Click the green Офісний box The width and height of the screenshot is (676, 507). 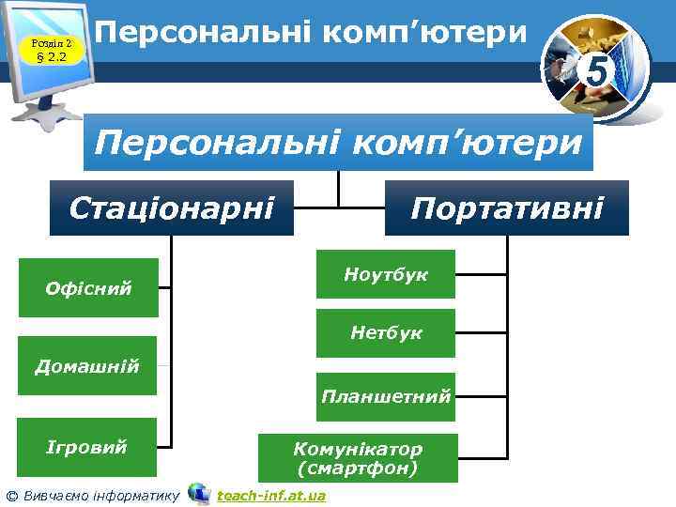[x=88, y=287]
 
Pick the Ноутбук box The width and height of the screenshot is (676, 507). [x=385, y=274]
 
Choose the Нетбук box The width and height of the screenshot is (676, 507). [x=385, y=332]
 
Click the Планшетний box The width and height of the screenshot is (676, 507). [x=385, y=395]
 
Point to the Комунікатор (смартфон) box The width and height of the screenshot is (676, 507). [x=358, y=457]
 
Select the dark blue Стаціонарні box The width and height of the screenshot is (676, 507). [x=172, y=207]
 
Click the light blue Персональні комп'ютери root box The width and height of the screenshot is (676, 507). [x=338, y=144]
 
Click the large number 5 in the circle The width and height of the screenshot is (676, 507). [x=593, y=68]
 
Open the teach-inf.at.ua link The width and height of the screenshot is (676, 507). [x=271, y=495]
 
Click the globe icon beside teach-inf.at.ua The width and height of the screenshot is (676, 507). [x=199, y=493]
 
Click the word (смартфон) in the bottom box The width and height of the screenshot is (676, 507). [x=358, y=467]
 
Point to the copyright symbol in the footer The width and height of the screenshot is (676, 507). [x=10, y=495]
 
